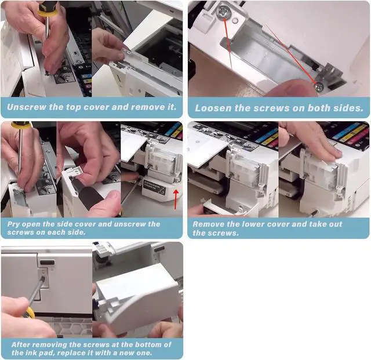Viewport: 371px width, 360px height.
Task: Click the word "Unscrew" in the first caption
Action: (x=27, y=107)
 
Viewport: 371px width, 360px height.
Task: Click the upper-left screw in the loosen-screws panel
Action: (x=223, y=12)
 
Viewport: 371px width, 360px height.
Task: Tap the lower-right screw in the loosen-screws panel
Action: (x=319, y=87)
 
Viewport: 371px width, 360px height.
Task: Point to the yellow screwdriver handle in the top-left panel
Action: (x=48, y=9)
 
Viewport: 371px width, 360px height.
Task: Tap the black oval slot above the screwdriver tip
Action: (x=48, y=263)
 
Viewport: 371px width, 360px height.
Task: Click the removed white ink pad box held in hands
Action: (x=138, y=295)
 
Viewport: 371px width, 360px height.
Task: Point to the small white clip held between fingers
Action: (x=77, y=170)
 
